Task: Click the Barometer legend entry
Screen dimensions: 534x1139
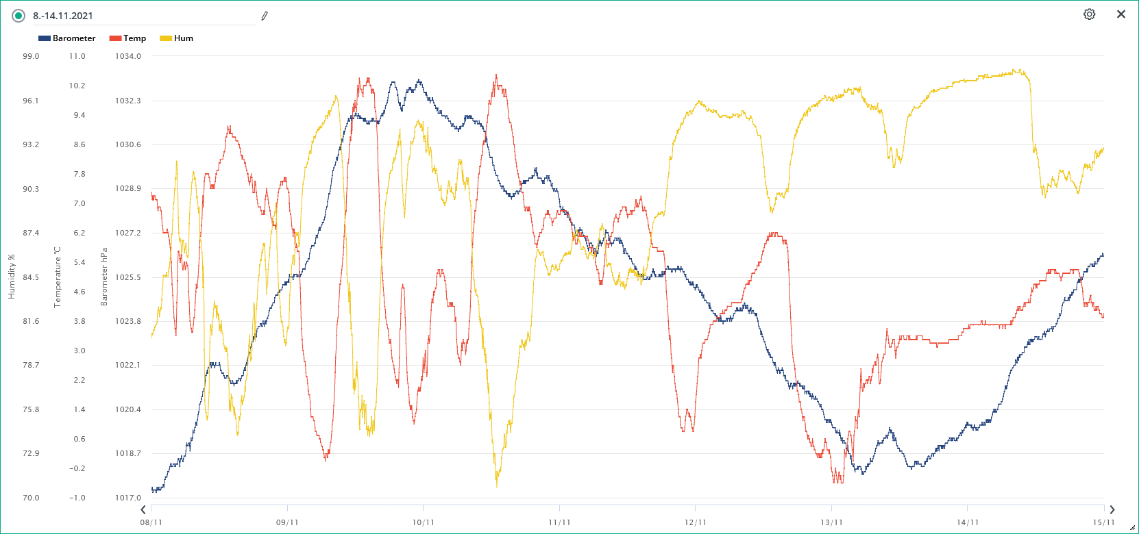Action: [67, 38]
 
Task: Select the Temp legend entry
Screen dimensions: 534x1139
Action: [128, 38]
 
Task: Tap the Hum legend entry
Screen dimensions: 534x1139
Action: [177, 38]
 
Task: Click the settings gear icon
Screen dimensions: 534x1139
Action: [1089, 14]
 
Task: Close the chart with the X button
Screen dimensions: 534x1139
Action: [1121, 14]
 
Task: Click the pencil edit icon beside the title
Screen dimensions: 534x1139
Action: [265, 16]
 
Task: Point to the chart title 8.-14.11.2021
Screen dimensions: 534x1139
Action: [63, 16]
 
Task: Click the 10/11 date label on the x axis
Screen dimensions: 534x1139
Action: [423, 522]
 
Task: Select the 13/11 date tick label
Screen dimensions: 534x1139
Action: [831, 522]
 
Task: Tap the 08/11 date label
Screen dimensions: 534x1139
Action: [151, 522]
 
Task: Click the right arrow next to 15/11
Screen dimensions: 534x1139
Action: [1112, 509]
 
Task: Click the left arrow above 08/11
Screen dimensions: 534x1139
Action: [143, 509]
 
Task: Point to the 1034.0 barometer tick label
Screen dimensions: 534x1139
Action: [128, 56]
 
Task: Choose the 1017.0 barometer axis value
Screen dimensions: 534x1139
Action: [128, 498]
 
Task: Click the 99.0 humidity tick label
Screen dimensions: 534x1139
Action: [31, 56]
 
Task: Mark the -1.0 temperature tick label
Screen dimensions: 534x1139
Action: [77, 498]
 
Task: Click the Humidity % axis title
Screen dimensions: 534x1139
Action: [11, 277]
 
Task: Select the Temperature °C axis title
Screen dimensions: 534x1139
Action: [58, 277]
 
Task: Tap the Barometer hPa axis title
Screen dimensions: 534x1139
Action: [104, 277]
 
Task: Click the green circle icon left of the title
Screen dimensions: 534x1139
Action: [19, 16]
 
